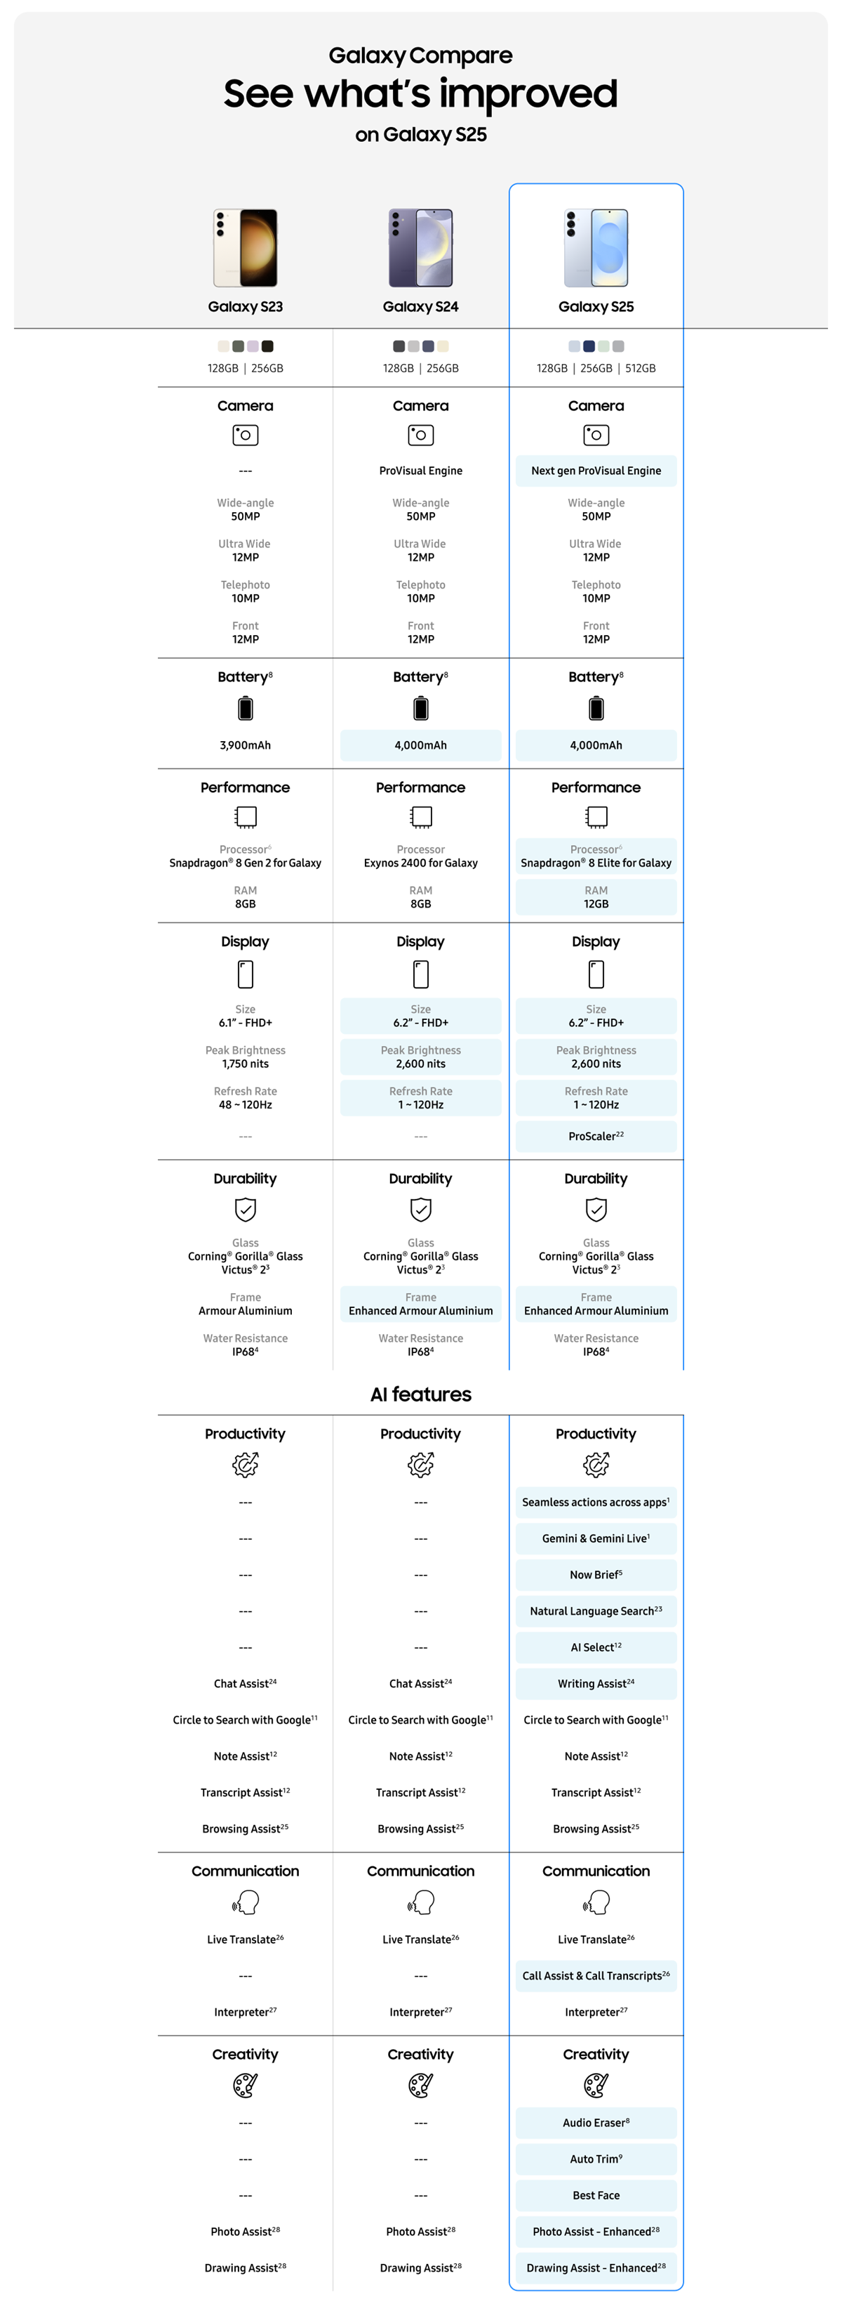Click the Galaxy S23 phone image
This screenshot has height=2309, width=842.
(x=246, y=247)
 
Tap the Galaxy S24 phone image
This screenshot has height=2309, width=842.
(x=420, y=247)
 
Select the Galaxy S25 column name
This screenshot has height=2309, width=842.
(x=596, y=306)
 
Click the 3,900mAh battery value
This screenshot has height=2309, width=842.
(x=246, y=745)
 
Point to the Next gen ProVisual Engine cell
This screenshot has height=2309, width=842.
(x=596, y=471)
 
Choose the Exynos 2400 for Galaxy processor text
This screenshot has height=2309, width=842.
(x=420, y=863)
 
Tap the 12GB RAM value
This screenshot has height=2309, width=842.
(x=596, y=903)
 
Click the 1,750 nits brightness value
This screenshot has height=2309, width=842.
(x=246, y=1064)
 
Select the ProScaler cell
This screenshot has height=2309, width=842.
(x=596, y=1137)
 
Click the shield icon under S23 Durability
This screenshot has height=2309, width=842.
(x=246, y=1210)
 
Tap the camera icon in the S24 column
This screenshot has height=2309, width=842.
(x=420, y=435)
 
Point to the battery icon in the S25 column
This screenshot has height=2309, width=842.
(x=596, y=709)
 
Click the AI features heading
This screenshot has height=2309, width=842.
(x=420, y=1394)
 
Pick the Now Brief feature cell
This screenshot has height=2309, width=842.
(x=596, y=1575)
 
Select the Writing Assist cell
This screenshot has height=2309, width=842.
(x=596, y=1683)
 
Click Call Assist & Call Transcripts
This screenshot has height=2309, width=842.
(x=596, y=1975)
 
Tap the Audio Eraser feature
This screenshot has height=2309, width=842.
(x=596, y=2123)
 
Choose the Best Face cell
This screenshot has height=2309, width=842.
(x=596, y=2195)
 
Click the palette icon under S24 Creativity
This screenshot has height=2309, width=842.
(x=420, y=2086)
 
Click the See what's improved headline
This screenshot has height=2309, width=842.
(x=420, y=94)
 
